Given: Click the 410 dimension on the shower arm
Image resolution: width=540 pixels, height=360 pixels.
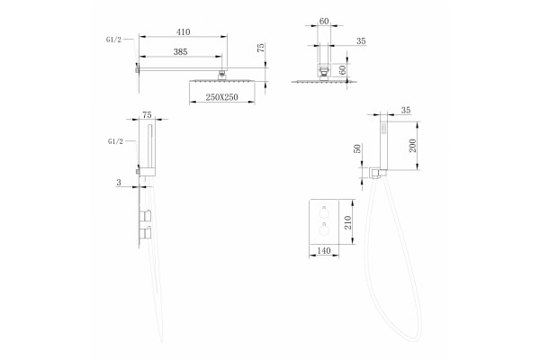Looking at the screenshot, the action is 184,32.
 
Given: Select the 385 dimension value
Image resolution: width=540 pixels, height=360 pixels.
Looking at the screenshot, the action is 180,52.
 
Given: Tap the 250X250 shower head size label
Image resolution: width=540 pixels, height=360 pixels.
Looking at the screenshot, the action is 221,97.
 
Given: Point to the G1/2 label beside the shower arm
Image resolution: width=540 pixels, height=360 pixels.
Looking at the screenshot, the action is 113,40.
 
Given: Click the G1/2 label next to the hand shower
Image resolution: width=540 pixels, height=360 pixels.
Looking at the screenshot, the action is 115,141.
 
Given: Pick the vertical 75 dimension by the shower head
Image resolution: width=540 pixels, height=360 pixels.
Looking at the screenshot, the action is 261,48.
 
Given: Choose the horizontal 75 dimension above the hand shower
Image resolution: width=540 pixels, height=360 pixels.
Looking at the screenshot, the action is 147,114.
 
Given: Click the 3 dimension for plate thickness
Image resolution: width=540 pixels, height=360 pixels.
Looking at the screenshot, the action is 119,183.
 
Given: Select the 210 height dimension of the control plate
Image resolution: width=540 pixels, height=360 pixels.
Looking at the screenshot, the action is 347,222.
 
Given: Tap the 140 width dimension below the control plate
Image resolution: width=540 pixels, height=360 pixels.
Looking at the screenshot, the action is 324,251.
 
